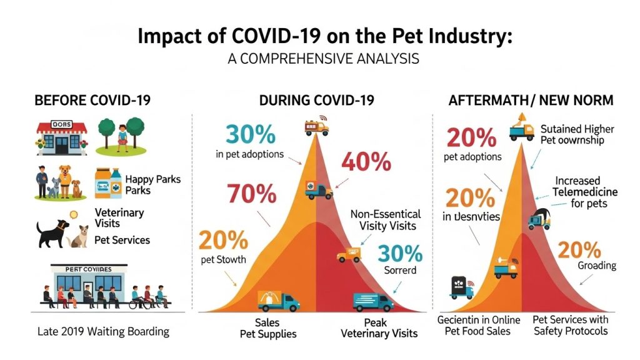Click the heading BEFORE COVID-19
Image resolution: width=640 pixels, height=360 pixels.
pos(92,101)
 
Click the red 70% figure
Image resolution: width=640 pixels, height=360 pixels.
pos(252,194)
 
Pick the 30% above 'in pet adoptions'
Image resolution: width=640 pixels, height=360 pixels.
pos(249,134)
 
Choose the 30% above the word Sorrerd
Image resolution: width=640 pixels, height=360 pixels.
pos(400,253)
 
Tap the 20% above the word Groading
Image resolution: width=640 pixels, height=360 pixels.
pos(579,249)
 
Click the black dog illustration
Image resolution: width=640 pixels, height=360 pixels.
pos(54,232)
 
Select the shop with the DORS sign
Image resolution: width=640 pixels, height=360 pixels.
pos(62,137)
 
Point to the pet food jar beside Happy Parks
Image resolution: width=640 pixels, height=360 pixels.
pos(107,184)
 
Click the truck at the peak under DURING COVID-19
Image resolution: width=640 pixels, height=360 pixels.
pos(316,127)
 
